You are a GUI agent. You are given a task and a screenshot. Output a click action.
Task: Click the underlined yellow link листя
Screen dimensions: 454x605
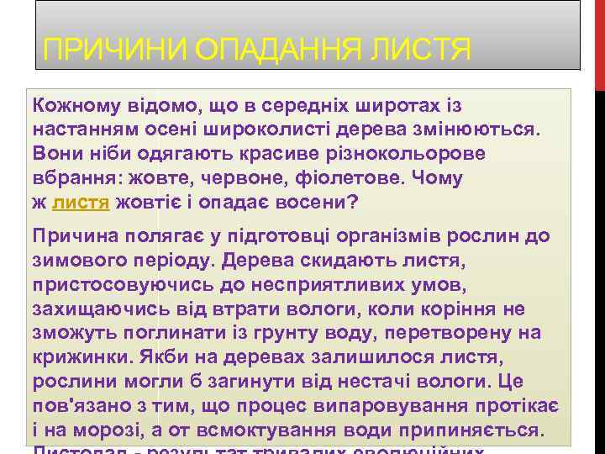pos(81,203)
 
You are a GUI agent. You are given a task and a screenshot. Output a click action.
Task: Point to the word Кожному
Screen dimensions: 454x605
pos(71,106)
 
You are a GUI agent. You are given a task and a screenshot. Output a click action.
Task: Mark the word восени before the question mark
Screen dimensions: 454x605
pos(308,203)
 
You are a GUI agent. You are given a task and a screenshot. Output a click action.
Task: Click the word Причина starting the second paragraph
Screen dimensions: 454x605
pos(72,237)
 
